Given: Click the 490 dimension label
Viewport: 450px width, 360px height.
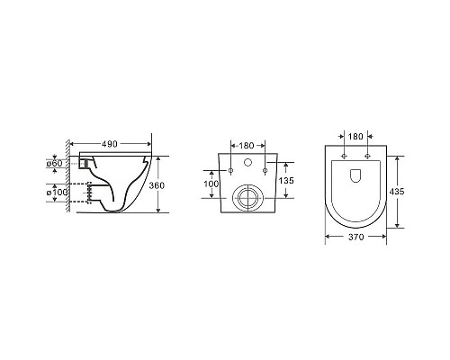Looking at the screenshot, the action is (110, 144).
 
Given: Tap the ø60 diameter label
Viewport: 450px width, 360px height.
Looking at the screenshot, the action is (54, 164).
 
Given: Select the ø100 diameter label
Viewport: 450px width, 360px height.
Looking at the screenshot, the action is (57, 192).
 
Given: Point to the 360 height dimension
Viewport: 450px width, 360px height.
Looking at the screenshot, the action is (157, 185).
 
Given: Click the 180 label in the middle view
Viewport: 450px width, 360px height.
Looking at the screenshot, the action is (247, 146).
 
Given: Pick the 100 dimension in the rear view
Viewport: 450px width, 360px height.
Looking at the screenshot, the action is (211, 184).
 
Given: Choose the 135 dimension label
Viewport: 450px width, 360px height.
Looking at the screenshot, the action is (286, 181).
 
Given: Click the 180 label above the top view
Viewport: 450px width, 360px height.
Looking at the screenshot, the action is (355, 137).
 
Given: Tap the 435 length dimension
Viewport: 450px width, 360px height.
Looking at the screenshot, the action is (397, 191).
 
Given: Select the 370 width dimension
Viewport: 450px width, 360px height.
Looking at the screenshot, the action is (356, 237).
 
